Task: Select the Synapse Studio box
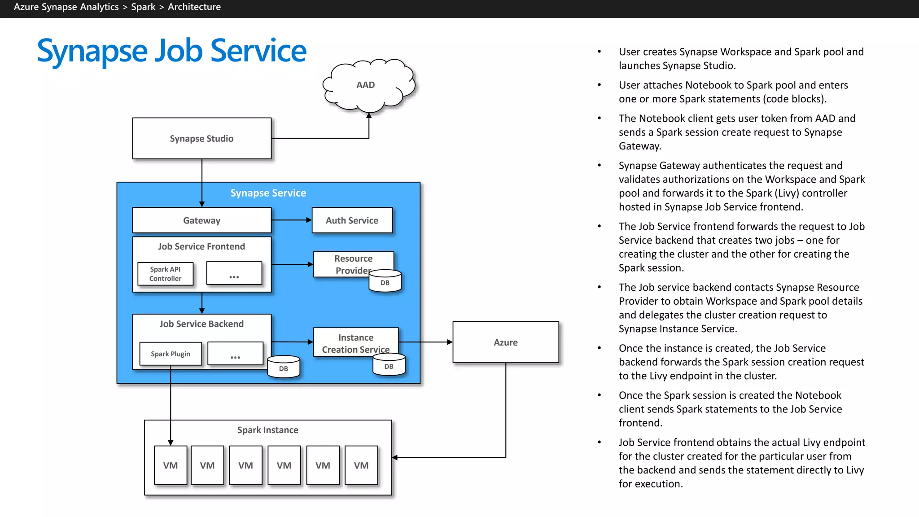point(201,138)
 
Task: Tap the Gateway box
point(201,220)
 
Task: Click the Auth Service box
point(352,220)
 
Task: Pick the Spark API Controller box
point(165,274)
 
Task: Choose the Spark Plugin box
point(171,354)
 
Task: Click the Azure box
point(505,342)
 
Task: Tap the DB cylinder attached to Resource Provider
point(385,282)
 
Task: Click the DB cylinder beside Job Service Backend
point(284,367)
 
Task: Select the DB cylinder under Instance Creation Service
point(389,365)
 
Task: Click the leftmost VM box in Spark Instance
point(171,465)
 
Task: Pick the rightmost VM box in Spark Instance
point(361,465)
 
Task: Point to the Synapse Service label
point(268,193)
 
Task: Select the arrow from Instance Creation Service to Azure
point(425,342)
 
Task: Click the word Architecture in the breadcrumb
point(194,7)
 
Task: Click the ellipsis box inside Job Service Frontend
point(234,273)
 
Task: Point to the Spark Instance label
point(267,430)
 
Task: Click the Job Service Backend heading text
point(201,324)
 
